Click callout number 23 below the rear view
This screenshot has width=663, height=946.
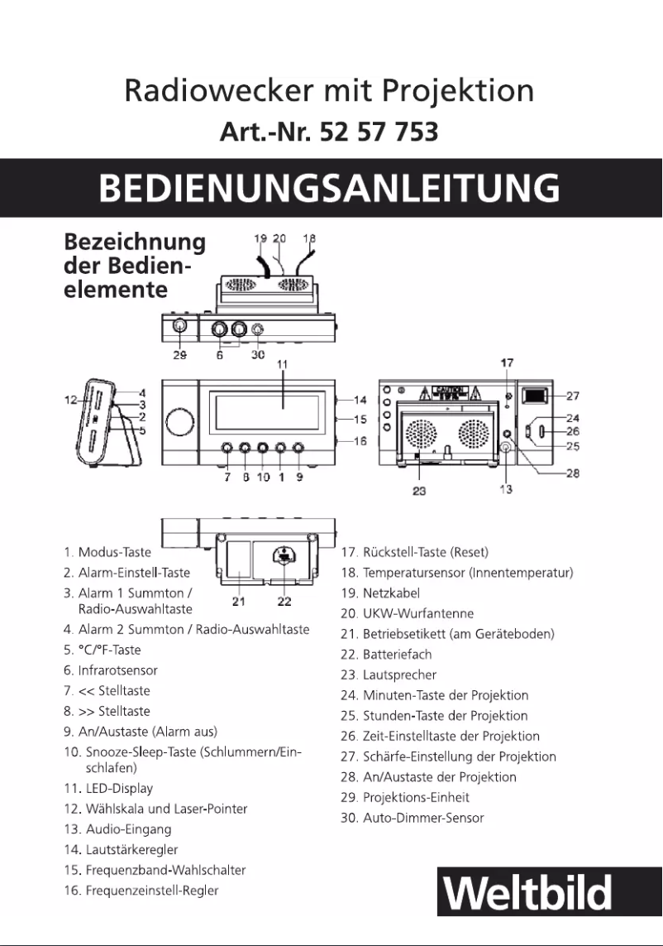click(420, 489)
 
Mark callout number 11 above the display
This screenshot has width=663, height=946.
click(282, 364)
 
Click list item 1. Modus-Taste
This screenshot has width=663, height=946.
click(114, 552)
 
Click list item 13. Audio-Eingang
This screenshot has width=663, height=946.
click(117, 829)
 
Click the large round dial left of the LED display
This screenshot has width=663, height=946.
click(179, 420)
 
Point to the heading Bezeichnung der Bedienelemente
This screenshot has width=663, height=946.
click(135, 266)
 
